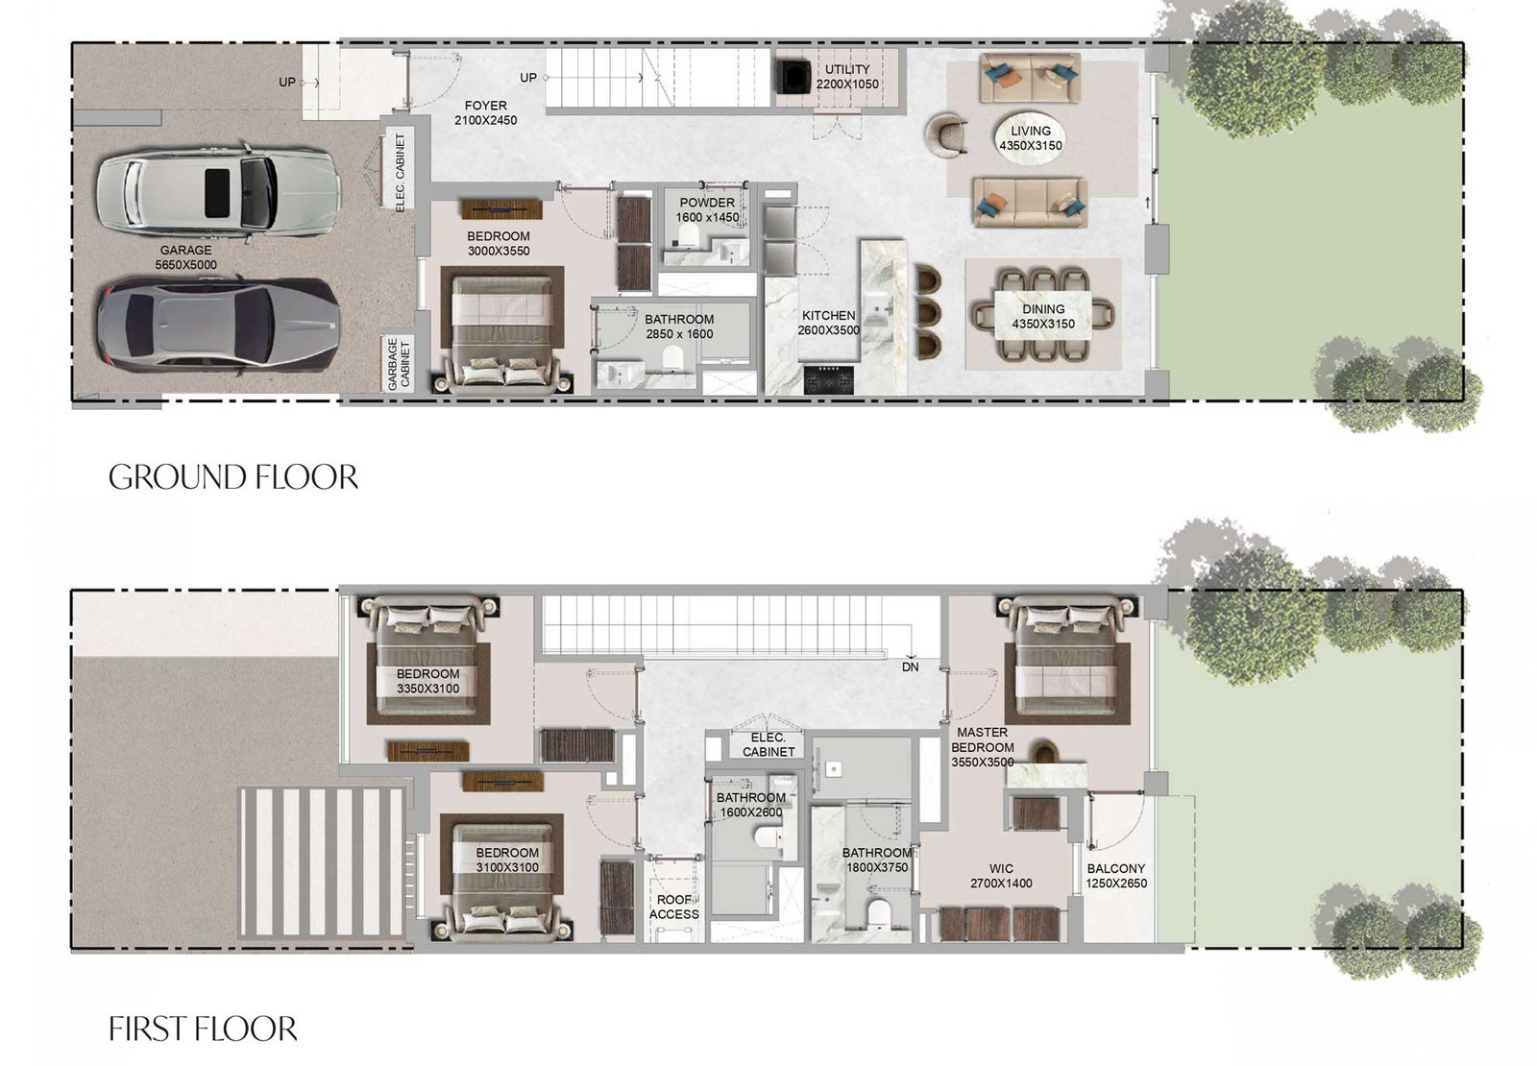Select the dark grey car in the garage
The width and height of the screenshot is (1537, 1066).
pyautogui.click(x=218, y=324)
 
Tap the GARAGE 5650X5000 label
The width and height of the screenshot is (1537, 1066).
pyautogui.click(x=185, y=257)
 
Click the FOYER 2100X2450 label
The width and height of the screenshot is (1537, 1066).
pyautogui.click(x=485, y=113)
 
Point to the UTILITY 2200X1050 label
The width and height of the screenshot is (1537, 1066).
pyautogui.click(x=847, y=77)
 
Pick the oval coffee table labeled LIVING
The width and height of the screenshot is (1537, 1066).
pyautogui.click(x=1030, y=138)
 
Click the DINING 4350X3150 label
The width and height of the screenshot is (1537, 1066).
pyautogui.click(x=1043, y=317)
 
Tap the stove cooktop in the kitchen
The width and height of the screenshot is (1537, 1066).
pyautogui.click(x=827, y=378)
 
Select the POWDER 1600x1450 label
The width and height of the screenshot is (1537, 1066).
pyautogui.click(x=707, y=210)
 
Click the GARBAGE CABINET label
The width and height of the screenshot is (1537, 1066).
pyautogui.click(x=399, y=364)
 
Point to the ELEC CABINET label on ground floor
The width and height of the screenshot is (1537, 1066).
pyautogui.click(x=401, y=170)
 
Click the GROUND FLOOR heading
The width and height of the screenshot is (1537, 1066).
pyautogui.click(x=233, y=477)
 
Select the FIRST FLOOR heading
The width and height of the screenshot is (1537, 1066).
pyautogui.click(x=203, y=1029)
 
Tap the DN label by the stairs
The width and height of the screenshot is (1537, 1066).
pyautogui.click(x=910, y=666)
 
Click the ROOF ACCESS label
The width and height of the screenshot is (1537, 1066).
pyautogui.click(x=673, y=907)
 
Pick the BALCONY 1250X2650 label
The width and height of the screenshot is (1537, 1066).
pyautogui.click(x=1116, y=876)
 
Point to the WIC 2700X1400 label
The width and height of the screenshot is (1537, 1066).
pyautogui.click(x=1001, y=876)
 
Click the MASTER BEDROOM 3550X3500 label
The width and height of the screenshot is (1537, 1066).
pyautogui.click(x=983, y=747)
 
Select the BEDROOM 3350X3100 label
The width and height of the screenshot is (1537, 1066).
pyautogui.click(x=427, y=681)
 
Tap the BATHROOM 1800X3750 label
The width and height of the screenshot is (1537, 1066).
pyautogui.click(x=876, y=860)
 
